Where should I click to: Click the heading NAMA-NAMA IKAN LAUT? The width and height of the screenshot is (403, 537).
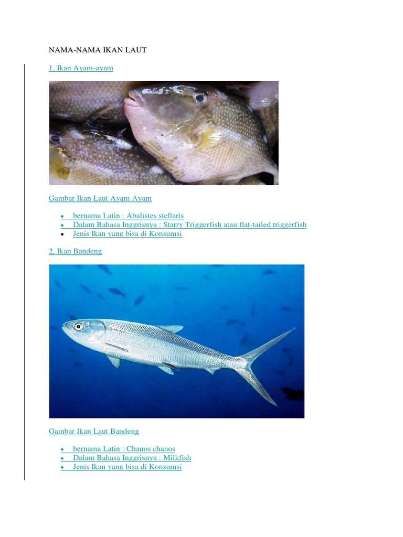coord(98,50)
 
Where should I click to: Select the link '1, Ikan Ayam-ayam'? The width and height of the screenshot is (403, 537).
coord(81,68)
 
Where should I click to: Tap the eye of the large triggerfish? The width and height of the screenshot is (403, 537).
coord(199,98)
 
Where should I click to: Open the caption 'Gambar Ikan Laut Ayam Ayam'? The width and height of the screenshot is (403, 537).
coord(100,198)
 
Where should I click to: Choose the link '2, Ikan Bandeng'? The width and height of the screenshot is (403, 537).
coord(75,251)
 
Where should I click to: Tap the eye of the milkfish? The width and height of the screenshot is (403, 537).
coord(78,327)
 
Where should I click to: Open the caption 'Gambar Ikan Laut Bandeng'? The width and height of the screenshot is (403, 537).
coord(94,431)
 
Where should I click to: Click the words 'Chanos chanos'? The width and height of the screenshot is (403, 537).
coord(151,449)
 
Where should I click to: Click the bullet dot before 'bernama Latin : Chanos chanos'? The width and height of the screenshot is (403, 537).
coord(62,449)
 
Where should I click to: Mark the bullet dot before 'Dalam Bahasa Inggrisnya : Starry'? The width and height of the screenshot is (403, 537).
coord(62,225)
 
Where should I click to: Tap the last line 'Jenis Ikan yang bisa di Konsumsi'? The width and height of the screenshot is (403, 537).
coord(128,467)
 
